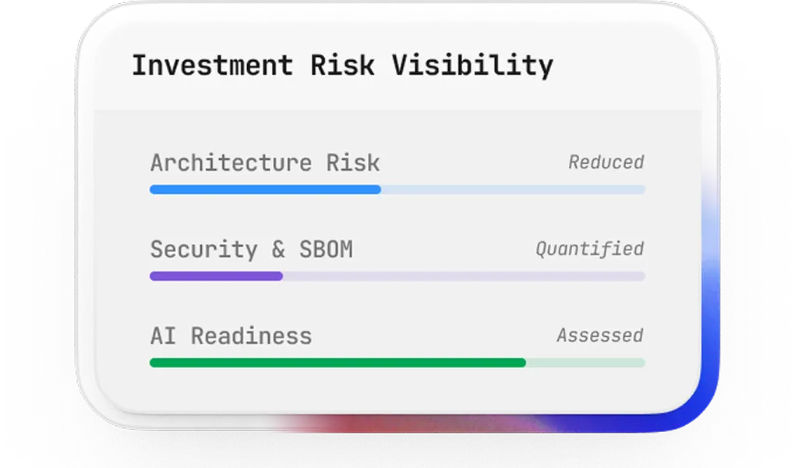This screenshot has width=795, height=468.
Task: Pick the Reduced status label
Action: (x=606, y=163)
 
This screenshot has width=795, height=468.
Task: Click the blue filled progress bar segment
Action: (x=265, y=190)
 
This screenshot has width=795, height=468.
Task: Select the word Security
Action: (x=203, y=250)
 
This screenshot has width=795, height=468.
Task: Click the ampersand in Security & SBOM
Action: (x=278, y=250)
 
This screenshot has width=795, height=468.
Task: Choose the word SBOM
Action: (x=326, y=250)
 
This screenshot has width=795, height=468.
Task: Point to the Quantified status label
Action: (x=589, y=250)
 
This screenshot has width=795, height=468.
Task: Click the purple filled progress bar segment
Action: (x=216, y=276)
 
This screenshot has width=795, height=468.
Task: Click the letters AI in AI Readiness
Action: (x=163, y=336)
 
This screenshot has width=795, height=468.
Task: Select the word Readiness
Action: (x=251, y=336)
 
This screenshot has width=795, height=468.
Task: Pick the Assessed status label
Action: (x=599, y=336)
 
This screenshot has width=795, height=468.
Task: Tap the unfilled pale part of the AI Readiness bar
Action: (x=585, y=363)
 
